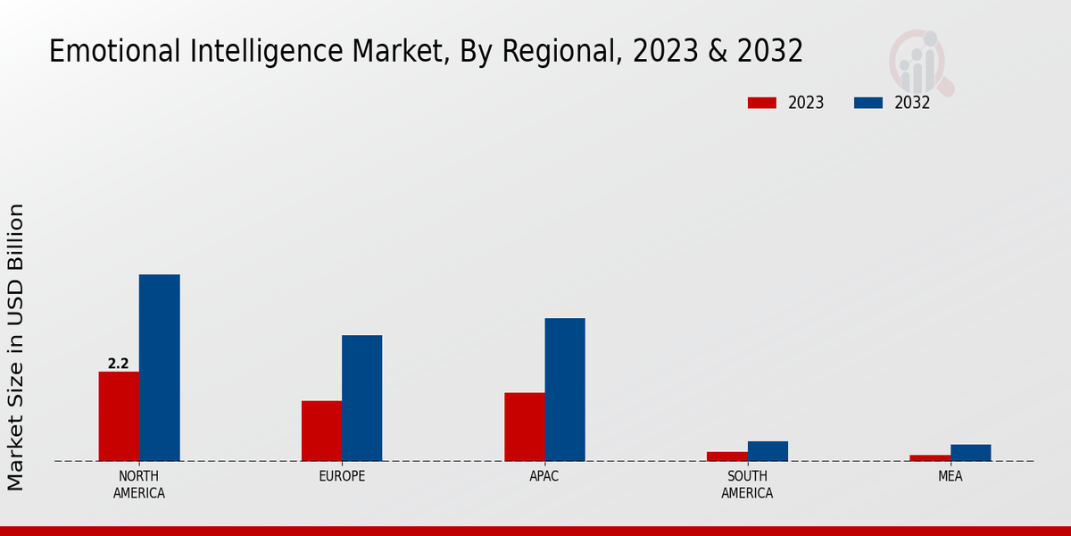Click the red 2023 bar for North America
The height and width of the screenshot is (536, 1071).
click(119, 416)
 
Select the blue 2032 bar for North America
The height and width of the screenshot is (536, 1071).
click(159, 368)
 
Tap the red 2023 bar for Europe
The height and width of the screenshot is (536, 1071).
click(321, 431)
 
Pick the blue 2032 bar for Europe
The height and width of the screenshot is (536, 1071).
click(361, 398)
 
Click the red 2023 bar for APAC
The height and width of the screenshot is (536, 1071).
click(524, 427)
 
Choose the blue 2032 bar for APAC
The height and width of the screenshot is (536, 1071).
click(565, 389)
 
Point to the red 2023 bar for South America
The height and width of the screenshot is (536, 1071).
click(727, 456)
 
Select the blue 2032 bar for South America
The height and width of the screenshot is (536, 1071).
click(768, 451)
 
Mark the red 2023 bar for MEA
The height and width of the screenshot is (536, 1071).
click(930, 458)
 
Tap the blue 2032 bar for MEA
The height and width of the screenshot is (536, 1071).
click(970, 453)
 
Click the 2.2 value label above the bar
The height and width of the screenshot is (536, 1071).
click(118, 364)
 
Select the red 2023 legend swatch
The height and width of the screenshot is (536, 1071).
click(762, 103)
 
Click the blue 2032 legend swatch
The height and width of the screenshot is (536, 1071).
click(868, 103)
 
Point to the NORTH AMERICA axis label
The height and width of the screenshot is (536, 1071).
click(139, 485)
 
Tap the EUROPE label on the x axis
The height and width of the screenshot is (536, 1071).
click(342, 477)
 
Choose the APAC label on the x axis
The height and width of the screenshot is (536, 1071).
click(544, 477)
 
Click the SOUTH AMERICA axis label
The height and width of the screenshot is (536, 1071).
click(747, 485)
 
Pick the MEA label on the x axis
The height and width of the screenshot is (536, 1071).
click(950, 477)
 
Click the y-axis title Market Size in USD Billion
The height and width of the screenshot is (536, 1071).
click(16, 347)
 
